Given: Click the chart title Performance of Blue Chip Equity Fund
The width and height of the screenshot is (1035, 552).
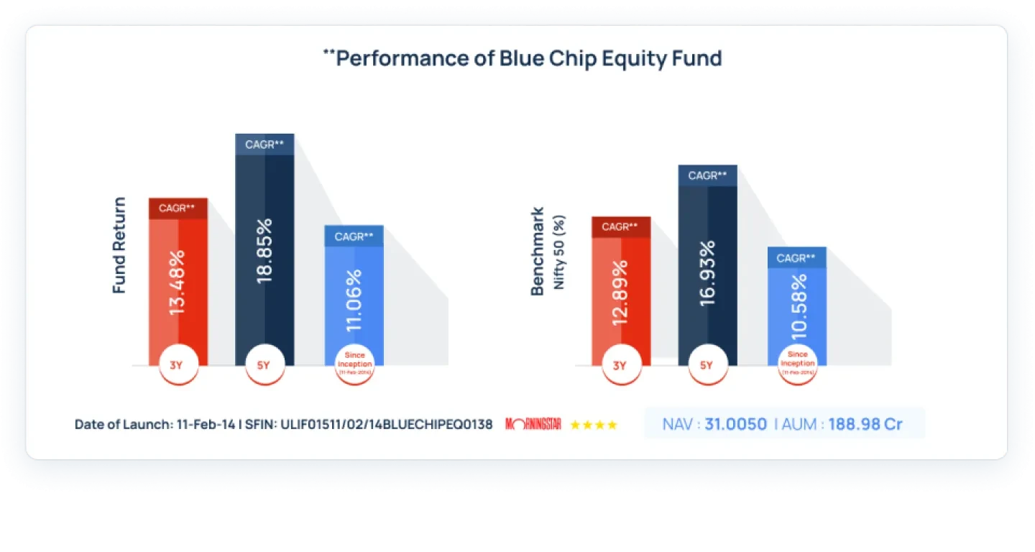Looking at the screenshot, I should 523,58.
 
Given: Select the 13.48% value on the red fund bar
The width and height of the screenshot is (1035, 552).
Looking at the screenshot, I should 178,281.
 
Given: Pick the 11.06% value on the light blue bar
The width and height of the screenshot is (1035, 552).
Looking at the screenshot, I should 354,300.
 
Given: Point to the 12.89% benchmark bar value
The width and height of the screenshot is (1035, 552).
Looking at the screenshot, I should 620,292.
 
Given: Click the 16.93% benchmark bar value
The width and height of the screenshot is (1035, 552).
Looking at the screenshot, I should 707,273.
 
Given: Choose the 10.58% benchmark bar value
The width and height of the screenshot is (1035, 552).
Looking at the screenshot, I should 796,307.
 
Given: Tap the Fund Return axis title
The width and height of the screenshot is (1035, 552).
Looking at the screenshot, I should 119,245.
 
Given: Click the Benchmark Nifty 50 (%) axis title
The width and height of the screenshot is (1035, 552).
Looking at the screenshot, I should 547,252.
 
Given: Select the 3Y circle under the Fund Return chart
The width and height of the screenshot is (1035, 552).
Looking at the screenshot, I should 176,365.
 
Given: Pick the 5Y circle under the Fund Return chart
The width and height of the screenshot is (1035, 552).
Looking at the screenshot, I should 263,365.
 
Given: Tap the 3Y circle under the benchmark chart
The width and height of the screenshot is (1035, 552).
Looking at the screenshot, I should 619,365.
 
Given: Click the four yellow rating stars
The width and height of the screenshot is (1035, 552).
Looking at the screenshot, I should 593,425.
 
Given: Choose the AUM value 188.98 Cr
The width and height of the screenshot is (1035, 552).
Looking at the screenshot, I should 865,424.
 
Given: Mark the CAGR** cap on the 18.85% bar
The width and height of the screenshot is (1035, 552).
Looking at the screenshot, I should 264,144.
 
